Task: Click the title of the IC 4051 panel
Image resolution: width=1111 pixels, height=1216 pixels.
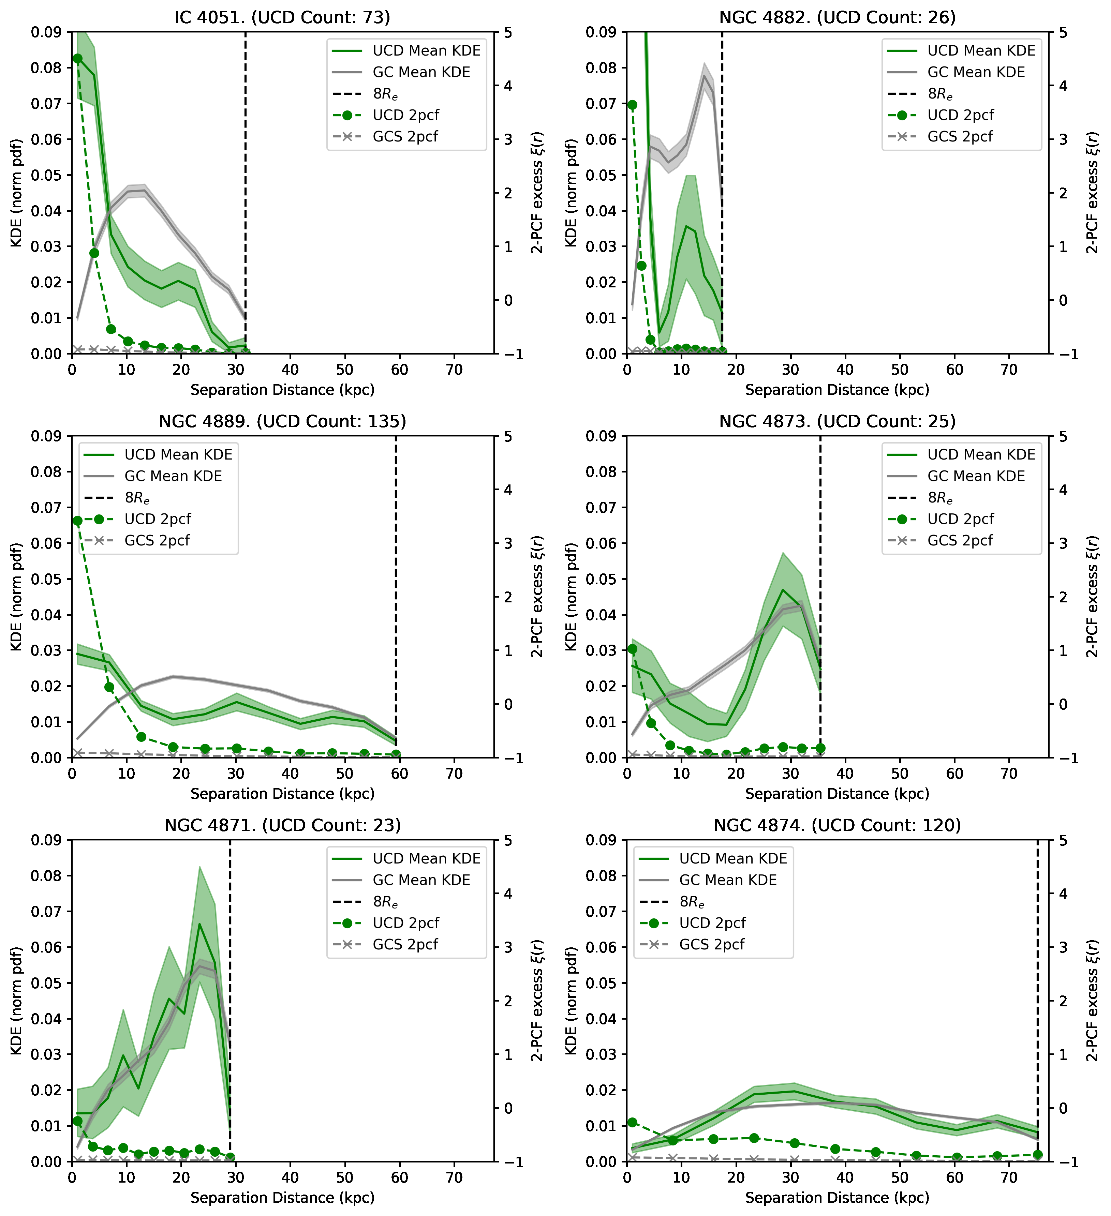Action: tap(282, 17)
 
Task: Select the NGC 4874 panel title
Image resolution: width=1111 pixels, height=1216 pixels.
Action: tap(837, 825)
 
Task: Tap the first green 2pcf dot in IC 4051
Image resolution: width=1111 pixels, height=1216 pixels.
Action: tap(77, 59)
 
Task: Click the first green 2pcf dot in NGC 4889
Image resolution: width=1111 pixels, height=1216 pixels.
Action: tap(77, 521)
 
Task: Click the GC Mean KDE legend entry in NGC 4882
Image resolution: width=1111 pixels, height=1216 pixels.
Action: tap(976, 72)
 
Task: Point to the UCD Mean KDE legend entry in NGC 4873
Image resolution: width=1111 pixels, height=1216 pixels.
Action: tap(981, 455)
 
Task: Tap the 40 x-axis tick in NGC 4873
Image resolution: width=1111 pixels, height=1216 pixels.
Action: tap(845, 774)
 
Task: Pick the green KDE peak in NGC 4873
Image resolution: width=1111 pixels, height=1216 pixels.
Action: tap(783, 589)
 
